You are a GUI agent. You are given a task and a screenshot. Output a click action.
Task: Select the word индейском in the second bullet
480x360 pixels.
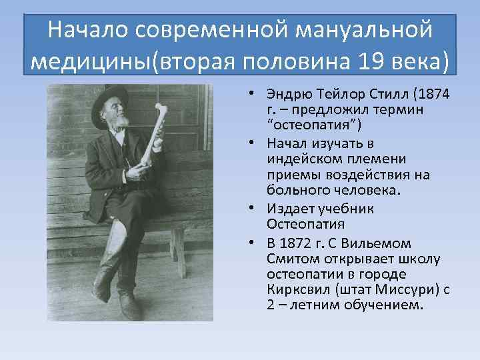click(309, 159)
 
